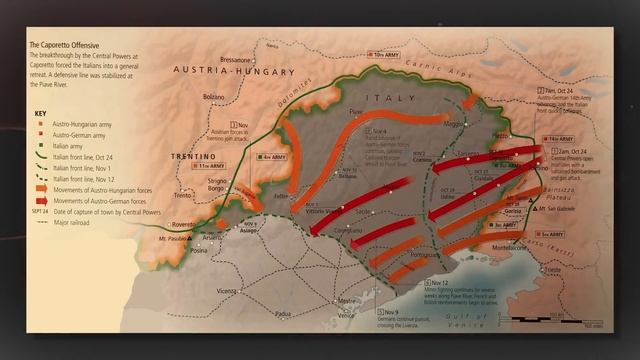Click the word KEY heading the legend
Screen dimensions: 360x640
coord(41,116)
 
